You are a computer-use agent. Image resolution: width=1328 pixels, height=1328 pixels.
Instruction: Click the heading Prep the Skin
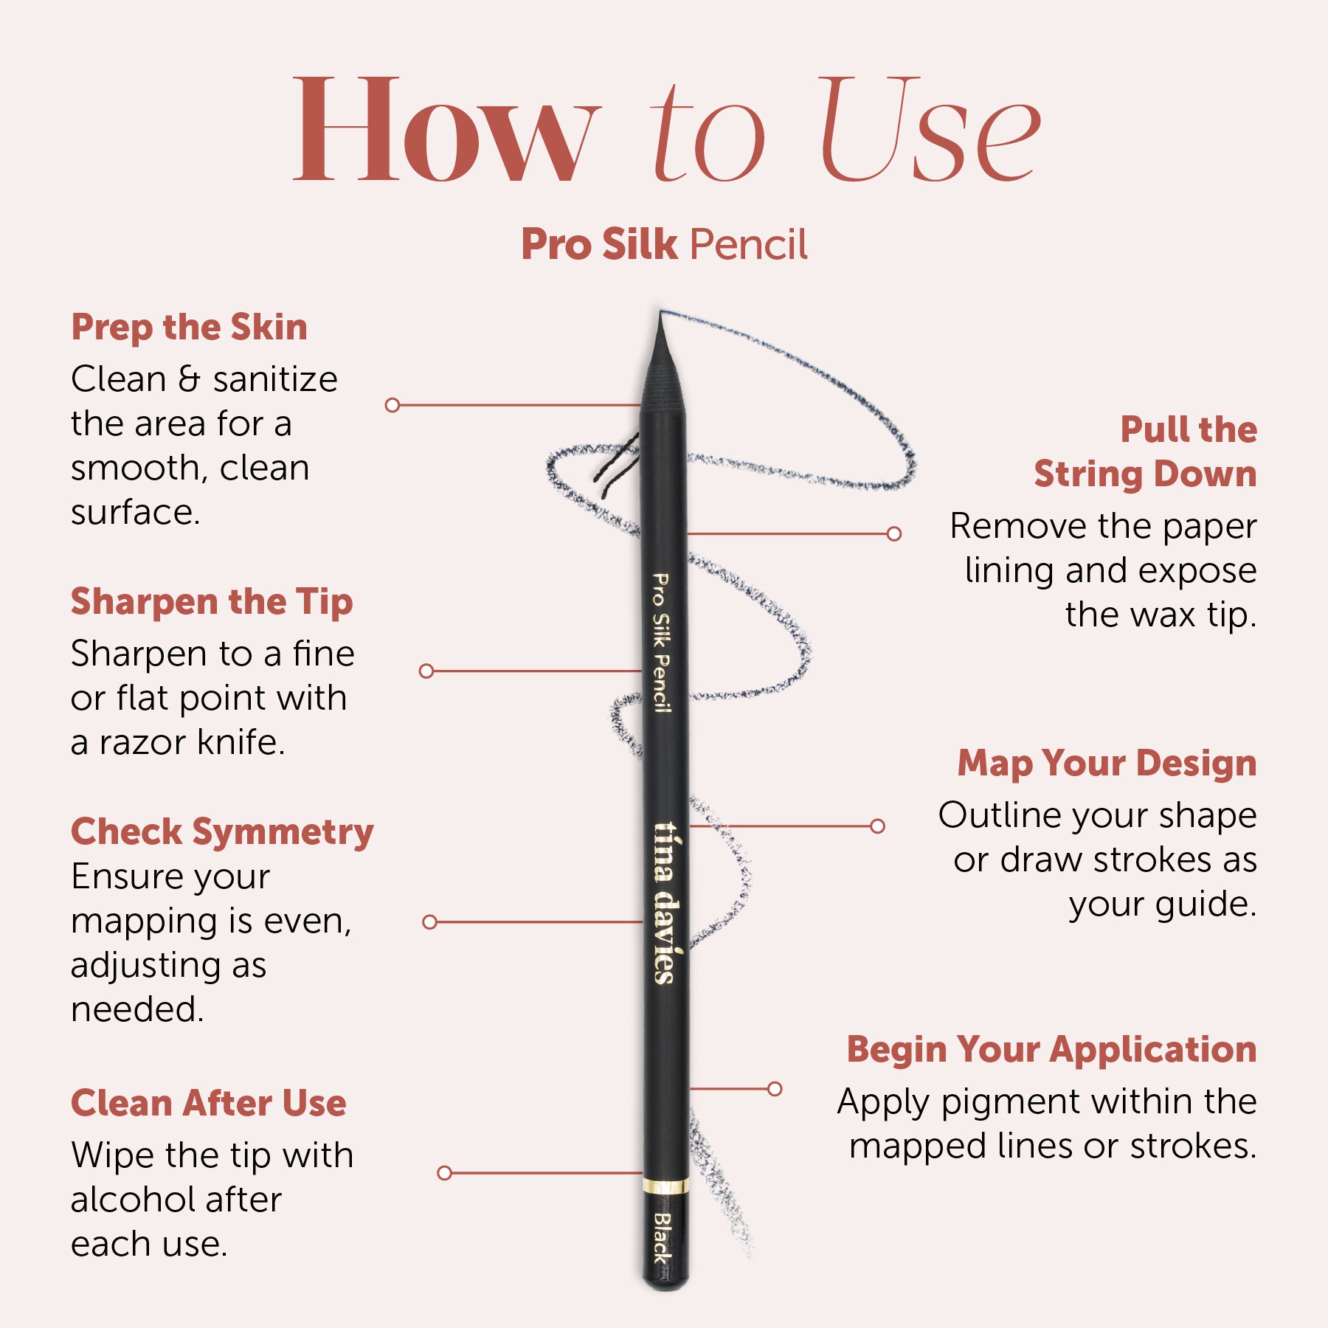[189, 328]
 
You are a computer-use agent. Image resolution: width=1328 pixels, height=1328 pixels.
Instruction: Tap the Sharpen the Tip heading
[212, 603]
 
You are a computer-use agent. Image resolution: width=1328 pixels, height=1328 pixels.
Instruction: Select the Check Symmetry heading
[222, 833]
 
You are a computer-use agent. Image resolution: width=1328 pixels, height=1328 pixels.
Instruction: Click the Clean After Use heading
[209, 1104]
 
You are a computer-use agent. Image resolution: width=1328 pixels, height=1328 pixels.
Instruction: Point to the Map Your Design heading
[1107, 764]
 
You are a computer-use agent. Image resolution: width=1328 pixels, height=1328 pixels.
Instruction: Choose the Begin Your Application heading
[1051, 1050]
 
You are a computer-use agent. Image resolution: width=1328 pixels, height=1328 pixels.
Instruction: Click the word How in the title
[446, 130]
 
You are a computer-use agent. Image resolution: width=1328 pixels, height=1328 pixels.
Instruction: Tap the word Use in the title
[930, 130]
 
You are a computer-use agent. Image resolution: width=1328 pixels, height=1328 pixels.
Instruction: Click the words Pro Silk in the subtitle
[599, 244]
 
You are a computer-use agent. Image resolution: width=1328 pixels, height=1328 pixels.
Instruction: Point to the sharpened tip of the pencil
[660, 313]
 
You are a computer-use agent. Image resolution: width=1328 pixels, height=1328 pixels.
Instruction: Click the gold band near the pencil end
[665, 1187]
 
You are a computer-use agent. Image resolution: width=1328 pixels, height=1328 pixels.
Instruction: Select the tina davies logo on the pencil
[665, 903]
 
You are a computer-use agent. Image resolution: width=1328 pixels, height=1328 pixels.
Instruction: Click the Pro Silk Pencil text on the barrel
[662, 643]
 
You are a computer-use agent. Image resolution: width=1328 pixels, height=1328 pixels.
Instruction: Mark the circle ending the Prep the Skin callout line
[392, 405]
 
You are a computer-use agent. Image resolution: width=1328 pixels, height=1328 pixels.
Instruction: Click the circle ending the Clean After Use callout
[444, 1173]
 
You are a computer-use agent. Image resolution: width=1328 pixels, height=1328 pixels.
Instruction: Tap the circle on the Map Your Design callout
[877, 826]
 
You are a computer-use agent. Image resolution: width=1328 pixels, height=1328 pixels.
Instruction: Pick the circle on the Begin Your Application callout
[775, 1089]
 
